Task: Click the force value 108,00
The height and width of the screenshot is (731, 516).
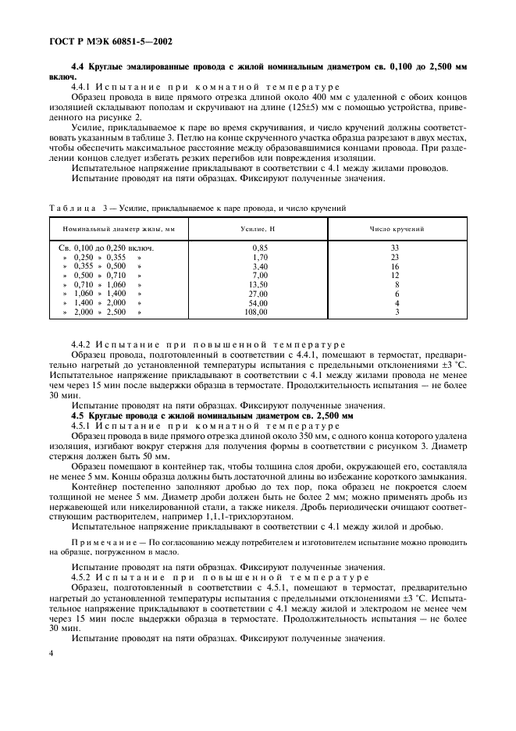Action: (x=256, y=312)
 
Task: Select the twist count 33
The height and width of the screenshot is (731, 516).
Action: (x=395, y=248)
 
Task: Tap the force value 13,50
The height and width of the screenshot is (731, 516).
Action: (x=258, y=284)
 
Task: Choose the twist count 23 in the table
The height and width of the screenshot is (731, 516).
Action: (x=395, y=256)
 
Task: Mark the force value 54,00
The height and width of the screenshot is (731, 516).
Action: (x=258, y=302)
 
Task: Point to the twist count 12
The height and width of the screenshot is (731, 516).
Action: (x=395, y=275)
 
